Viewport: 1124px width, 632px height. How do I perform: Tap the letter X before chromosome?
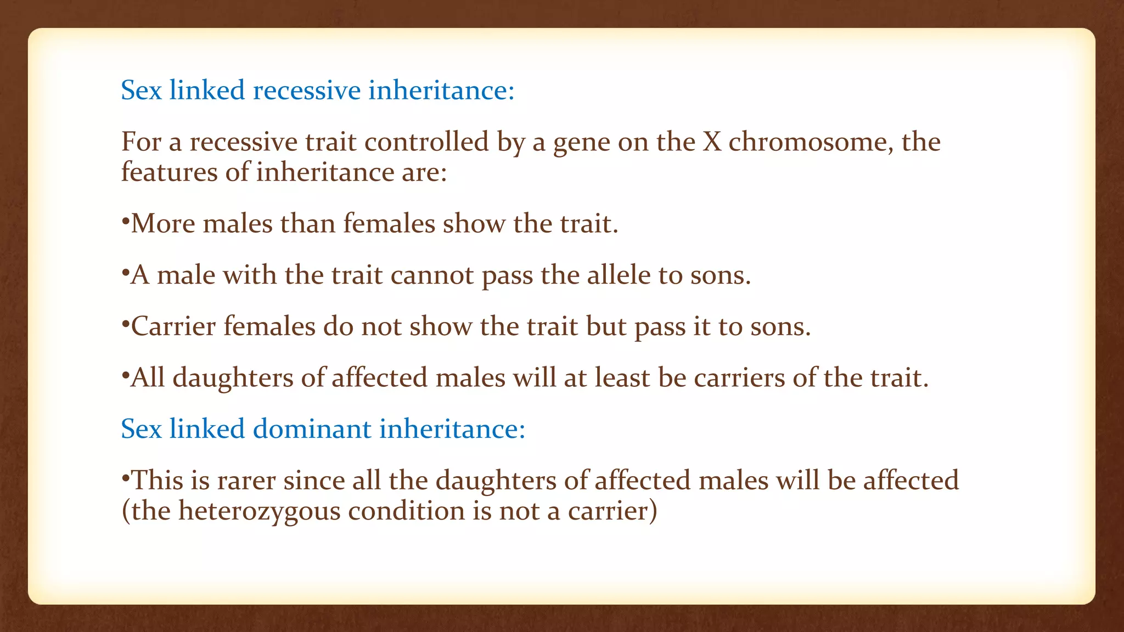point(712,142)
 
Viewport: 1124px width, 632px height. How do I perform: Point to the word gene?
point(581,143)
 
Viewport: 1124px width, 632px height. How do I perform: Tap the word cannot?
point(432,275)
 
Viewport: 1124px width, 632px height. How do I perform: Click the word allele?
point(619,275)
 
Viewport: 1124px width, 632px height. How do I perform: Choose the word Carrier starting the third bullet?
point(173,327)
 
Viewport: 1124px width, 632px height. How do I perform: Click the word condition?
point(406,511)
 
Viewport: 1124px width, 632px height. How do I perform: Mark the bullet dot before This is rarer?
point(125,477)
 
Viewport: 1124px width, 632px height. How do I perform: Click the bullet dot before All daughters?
point(125,374)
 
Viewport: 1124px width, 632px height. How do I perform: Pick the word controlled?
point(426,142)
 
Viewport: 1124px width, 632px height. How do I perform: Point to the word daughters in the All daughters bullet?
point(233,379)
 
